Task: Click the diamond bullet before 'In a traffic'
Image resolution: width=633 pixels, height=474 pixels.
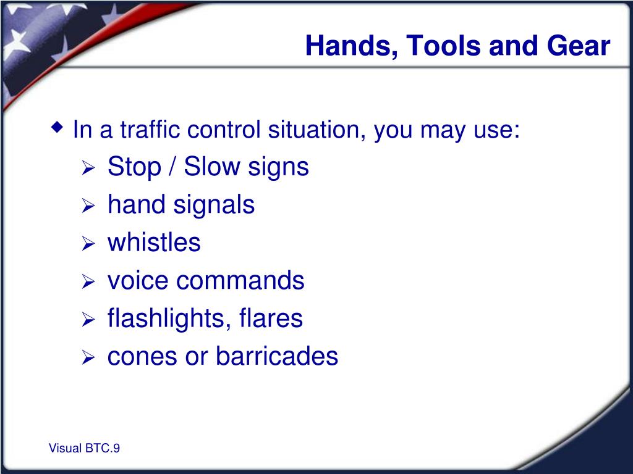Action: click(57, 128)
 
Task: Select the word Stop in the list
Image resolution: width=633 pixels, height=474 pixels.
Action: click(134, 167)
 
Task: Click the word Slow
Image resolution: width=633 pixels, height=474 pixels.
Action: click(212, 166)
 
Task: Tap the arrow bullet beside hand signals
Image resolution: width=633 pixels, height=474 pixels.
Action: click(88, 206)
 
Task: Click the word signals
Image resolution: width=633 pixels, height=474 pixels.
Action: click(214, 205)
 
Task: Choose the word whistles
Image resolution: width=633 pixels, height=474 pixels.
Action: click(154, 242)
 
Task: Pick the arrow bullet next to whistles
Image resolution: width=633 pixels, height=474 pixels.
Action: click(88, 243)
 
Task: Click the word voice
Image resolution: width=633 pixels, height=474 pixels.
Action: click(138, 281)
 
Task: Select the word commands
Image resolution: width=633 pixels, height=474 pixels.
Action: click(240, 281)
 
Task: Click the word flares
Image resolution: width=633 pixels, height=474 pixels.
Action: click(271, 318)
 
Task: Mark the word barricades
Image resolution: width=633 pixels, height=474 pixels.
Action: click(277, 356)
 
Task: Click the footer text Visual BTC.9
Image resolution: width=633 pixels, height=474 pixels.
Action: click(84, 448)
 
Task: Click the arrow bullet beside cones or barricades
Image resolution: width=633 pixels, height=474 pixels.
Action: click(88, 357)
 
